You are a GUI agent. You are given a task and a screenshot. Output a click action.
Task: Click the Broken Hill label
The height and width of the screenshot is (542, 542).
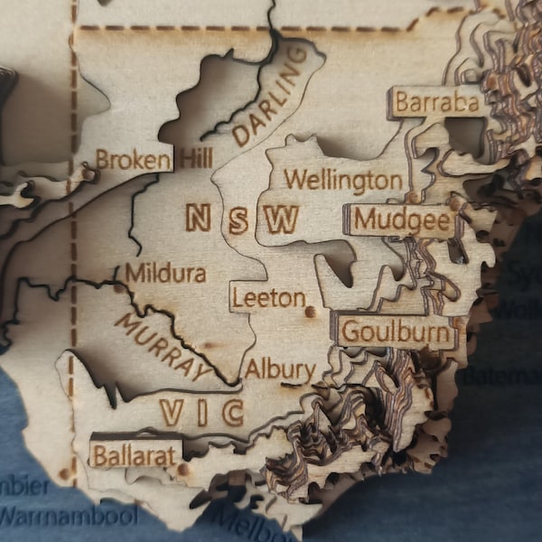154,160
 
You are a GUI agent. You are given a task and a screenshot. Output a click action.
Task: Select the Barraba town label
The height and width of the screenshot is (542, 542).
436,103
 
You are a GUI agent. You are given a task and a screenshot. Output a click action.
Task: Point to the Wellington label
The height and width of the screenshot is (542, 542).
342,181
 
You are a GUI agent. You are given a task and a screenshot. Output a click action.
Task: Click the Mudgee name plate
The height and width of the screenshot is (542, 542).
401,220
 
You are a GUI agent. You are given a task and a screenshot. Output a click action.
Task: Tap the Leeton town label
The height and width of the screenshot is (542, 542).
267,297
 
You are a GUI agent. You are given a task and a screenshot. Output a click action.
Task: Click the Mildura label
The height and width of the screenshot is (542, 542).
165,273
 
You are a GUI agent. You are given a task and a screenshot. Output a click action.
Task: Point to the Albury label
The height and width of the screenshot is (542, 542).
279,369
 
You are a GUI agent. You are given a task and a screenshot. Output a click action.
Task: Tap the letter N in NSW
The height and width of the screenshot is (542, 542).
199,218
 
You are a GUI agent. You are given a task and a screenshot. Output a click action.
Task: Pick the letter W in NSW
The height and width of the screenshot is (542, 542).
283,219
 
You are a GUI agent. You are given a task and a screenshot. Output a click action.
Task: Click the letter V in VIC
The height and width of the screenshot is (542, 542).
172,413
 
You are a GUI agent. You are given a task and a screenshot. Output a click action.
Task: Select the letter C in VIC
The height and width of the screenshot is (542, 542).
232,413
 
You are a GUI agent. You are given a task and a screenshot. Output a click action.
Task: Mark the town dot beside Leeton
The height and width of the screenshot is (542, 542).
310,311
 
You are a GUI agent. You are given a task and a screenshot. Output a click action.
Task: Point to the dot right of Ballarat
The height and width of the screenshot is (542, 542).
184,469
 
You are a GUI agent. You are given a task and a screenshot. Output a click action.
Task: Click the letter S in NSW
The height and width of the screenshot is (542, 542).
238,219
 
